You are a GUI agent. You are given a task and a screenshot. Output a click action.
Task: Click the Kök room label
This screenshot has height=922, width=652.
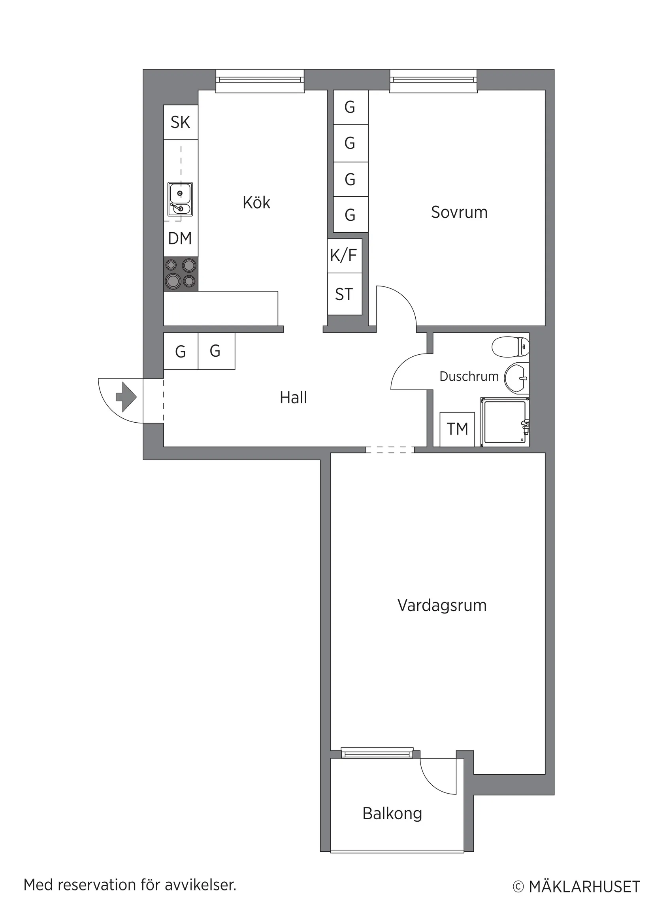point(256,203)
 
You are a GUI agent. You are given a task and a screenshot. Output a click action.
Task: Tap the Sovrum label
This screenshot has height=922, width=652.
point(459,213)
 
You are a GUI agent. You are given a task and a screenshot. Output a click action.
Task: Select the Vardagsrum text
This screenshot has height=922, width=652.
point(441,605)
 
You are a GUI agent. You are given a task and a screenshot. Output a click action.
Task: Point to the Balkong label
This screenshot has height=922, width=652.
point(392,814)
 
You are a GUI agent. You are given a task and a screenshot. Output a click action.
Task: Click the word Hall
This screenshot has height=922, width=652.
point(293,397)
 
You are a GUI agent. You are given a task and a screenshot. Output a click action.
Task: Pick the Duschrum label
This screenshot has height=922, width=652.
point(469,376)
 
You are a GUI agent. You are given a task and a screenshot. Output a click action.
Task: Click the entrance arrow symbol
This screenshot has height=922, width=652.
point(126,397)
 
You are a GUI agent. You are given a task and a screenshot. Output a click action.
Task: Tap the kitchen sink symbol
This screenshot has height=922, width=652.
point(180,199)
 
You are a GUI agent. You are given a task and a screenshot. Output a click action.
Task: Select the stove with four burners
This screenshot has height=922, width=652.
point(181,274)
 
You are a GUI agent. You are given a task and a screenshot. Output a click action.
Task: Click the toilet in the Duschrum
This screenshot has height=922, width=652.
point(510,346)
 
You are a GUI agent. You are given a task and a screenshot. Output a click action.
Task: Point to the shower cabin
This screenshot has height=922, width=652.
point(505,422)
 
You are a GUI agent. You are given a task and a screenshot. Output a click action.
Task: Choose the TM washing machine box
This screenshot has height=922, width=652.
point(457,429)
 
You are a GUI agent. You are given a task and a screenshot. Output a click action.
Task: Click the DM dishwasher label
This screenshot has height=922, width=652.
point(180,239)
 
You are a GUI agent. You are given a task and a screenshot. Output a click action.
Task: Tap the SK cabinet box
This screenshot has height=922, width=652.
point(180,122)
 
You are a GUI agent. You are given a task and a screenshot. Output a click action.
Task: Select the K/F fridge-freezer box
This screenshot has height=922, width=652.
point(344,256)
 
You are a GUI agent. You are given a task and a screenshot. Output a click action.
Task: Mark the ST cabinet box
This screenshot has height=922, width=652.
point(344,294)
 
